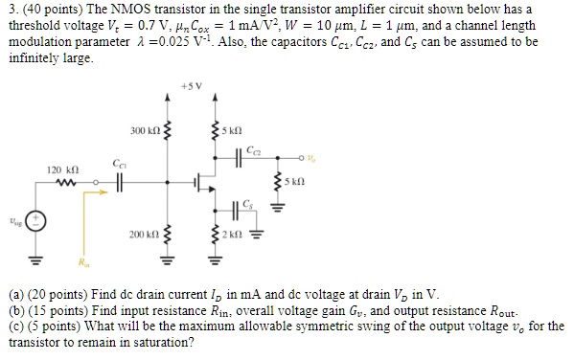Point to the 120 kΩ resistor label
(x=62, y=168)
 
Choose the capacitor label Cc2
(x=252, y=148)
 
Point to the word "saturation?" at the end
(x=164, y=345)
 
